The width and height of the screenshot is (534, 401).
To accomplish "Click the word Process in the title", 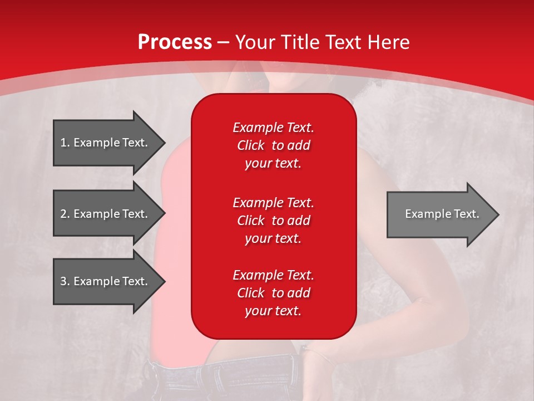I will tap(175, 42).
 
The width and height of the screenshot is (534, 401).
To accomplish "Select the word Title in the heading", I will tap(301, 42).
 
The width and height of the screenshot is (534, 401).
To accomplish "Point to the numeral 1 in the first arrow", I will tap(63, 143).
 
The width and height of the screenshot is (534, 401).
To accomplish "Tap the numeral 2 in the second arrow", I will tap(63, 214).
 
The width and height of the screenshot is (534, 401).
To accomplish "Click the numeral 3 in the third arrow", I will tap(63, 281).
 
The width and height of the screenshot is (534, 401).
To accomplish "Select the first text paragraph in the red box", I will tap(273, 145).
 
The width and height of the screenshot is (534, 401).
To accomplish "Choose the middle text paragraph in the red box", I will tap(273, 221).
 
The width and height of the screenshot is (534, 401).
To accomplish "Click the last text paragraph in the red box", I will tap(273, 293).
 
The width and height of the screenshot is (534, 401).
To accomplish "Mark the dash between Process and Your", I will tap(223, 43).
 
